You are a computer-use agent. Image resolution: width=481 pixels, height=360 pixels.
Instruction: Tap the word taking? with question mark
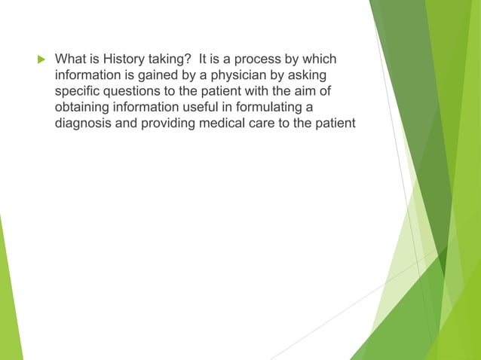(x=167, y=59)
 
